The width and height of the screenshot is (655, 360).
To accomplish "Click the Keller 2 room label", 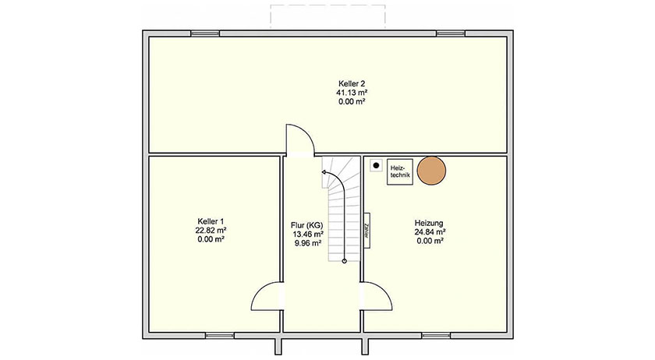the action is pyautogui.click(x=352, y=84).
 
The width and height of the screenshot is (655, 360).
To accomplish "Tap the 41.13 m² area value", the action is pyautogui.click(x=352, y=93).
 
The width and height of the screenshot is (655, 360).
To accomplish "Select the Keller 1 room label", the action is pyautogui.click(x=211, y=221).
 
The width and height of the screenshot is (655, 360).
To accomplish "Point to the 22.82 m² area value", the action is pyautogui.click(x=211, y=230).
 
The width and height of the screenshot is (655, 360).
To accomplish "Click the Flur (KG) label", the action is pyautogui.click(x=307, y=225).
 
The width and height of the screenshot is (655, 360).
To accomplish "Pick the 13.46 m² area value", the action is pyautogui.click(x=308, y=235).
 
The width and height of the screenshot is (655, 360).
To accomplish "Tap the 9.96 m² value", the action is pyautogui.click(x=308, y=243).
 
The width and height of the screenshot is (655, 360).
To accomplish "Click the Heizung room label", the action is pyautogui.click(x=429, y=224).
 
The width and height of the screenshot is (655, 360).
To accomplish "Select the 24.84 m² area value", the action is pyautogui.click(x=430, y=232).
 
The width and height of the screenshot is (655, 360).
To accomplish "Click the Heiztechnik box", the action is pyautogui.click(x=400, y=171).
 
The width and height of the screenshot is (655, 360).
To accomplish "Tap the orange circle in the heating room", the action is pyautogui.click(x=431, y=171).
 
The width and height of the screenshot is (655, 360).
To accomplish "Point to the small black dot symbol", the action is pyautogui.click(x=376, y=165).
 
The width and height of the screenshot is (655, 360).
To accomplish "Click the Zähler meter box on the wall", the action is pyautogui.click(x=366, y=231).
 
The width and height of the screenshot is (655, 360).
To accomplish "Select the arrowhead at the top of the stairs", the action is pyautogui.click(x=324, y=171).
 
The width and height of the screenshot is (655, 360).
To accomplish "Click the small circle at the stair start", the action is pyautogui.click(x=344, y=261).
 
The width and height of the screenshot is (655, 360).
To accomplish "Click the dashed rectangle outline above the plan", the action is pyautogui.click(x=328, y=5).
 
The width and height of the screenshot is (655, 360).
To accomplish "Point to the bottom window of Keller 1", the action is pyautogui.click(x=220, y=335).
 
